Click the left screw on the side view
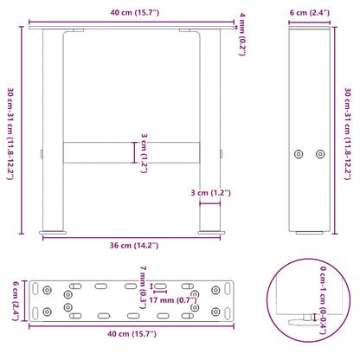pyautogui.click(x=299, y=153)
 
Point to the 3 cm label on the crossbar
pyautogui.click(x=146, y=151)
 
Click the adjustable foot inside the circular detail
pyautogui.click(x=305, y=319)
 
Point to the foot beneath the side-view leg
pyautogui.click(x=309, y=231)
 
